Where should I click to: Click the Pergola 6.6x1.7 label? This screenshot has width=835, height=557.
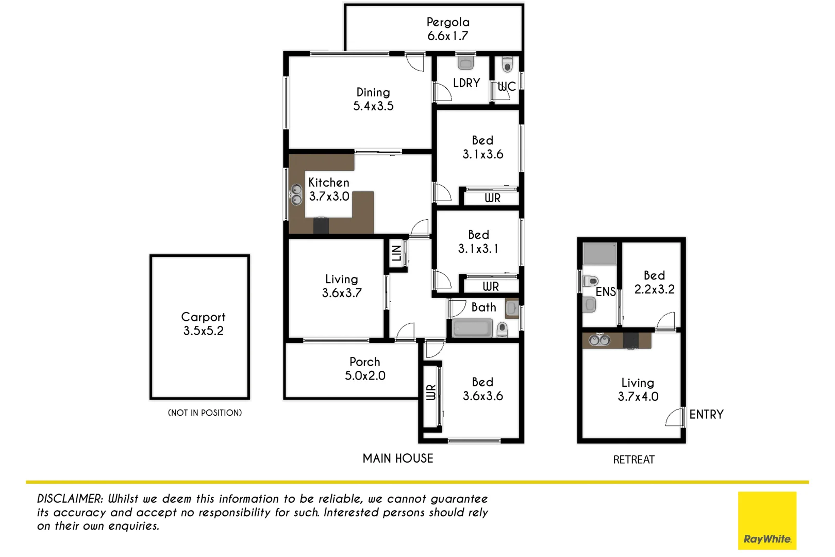pyautogui.click(x=448, y=29)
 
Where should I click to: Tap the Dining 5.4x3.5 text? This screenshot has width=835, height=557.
pyautogui.click(x=373, y=99)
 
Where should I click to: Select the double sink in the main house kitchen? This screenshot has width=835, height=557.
pyautogui.click(x=296, y=194)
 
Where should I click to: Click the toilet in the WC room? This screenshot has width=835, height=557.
pyautogui.click(x=507, y=65)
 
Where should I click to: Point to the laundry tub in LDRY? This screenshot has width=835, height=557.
pyautogui.click(x=465, y=62)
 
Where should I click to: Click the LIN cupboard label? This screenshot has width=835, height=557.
pyautogui.click(x=396, y=253)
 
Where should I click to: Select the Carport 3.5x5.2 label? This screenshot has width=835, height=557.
pyautogui.click(x=203, y=324)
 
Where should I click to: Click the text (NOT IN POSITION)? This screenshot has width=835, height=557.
pyautogui.click(x=205, y=413)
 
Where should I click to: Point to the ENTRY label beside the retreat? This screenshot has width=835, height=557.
pyautogui.click(x=706, y=414)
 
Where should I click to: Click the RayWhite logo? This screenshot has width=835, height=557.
pyautogui.click(x=767, y=520)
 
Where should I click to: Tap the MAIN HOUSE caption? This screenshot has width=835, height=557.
pyautogui.click(x=397, y=458)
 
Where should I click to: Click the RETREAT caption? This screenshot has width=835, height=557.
pyautogui.click(x=633, y=460)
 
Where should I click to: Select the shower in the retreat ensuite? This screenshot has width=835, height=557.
pyautogui.click(x=599, y=254)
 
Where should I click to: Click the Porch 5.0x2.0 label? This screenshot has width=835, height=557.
pyautogui.click(x=365, y=369)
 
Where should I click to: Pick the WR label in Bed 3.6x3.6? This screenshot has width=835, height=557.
pyautogui.click(x=431, y=392)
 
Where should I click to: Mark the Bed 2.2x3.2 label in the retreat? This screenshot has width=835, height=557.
pyautogui.click(x=654, y=282)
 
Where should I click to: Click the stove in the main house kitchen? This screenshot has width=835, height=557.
pyautogui.click(x=321, y=225)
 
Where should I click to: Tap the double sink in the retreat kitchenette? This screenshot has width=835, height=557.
pyautogui.click(x=599, y=340)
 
